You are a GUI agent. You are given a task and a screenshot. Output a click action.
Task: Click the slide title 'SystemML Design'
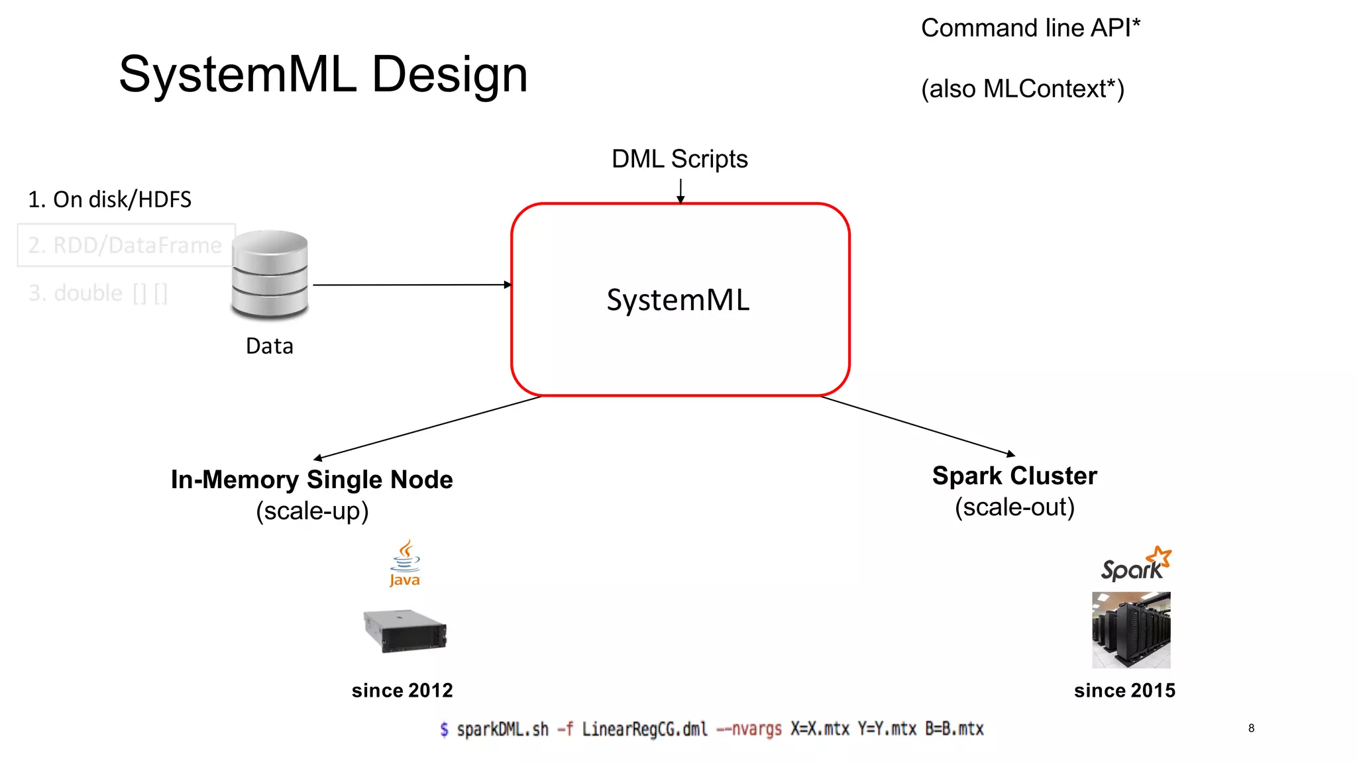click(323, 74)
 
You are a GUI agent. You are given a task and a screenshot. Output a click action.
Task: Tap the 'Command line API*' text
click(1030, 28)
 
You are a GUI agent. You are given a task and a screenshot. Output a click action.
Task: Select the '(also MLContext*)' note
click(1022, 89)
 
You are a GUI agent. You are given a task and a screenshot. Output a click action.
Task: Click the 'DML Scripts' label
click(679, 159)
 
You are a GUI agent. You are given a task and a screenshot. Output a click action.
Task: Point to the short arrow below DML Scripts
click(680, 191)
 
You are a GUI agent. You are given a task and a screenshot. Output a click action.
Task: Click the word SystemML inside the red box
click(678, 300)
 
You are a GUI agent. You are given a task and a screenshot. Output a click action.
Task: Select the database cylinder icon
click(270, 274)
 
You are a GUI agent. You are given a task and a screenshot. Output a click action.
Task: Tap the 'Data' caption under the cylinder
click(269, 346)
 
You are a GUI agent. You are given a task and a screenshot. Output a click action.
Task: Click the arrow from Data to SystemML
click(411, 285)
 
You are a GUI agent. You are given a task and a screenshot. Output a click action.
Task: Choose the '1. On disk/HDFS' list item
click(109, 199)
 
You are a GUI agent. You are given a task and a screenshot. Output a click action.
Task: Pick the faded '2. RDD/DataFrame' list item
click(125, 246)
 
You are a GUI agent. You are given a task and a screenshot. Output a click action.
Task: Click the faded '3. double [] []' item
click(98, 293)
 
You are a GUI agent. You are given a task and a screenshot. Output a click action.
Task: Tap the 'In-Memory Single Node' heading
click(311, 480)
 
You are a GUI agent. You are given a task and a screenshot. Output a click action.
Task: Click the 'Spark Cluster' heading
click(1014, 476)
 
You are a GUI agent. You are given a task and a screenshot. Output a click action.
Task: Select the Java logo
click(405, 564)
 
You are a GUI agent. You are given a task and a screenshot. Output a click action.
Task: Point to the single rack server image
click(405, 631)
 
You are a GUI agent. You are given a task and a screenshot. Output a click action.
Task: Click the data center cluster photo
click(1131, 630)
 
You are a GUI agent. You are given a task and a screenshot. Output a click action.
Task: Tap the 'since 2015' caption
click(1124, 690)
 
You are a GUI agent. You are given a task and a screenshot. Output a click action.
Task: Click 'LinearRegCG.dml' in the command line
click(644, 729)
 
